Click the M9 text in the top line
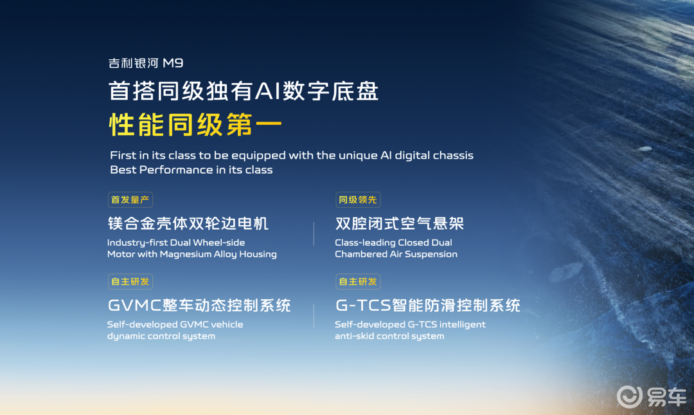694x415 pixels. [x=173, y=63]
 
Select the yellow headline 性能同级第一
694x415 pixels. [x=195, y=124]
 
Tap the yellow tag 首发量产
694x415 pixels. [x=130, y=199]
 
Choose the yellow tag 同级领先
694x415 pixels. [x=358, y=199]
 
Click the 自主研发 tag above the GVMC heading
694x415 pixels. [x=130, y=282]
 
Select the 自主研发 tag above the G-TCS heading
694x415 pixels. [x=358, y=282]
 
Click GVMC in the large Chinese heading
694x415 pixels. [x=134, y=306]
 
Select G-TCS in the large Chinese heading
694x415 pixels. [x=363, y=306]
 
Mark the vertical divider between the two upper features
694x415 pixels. [x=314, y=234]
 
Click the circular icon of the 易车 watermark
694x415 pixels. [x=629, y=396]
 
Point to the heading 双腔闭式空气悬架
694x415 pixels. [x=400, y=223]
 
